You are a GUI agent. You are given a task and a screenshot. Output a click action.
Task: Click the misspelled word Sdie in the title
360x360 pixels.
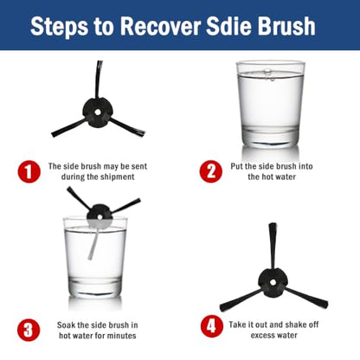click(229, 26)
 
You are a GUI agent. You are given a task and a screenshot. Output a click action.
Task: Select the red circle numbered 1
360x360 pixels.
click(29, 171)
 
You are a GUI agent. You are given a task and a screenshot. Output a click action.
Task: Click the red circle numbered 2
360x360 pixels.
click(211, 171)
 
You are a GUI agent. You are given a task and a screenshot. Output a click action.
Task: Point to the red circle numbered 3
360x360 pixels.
click(29, 330)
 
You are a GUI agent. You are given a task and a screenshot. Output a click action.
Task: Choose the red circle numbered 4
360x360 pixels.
click(212, 326)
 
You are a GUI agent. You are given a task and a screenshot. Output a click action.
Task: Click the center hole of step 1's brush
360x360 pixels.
click(98, 112)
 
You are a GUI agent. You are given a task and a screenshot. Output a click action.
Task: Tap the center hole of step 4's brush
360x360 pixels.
click(273, 282)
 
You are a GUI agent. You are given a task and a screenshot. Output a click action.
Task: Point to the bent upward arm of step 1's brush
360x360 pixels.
click(99, 80)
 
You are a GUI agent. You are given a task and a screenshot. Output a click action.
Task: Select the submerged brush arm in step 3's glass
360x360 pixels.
click(94, 244)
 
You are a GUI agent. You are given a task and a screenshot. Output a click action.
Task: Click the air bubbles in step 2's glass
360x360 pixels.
click(267, 74)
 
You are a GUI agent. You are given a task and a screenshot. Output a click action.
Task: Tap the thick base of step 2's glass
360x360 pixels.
click(270, 136)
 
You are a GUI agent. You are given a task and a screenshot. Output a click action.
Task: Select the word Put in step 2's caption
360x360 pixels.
click(236, 166)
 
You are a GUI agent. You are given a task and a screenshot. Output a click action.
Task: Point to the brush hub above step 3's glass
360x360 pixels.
click(100, 215)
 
